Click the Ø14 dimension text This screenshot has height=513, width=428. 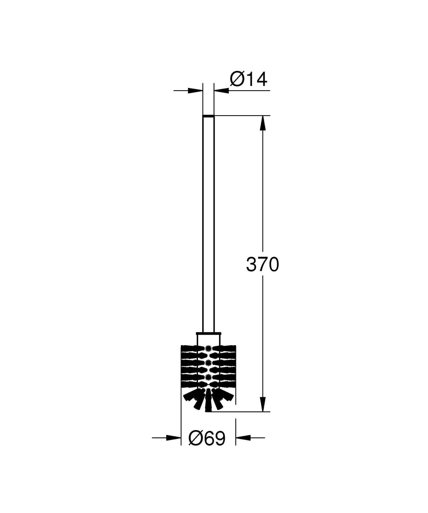click(x=248, y=79)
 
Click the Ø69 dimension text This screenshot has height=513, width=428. click(x=207, y=439)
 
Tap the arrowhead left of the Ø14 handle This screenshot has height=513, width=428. click(x=195, y=90)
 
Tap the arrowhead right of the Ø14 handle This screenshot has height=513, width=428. click(x=222, y=90)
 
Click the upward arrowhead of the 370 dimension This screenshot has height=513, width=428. click(x=263, y=123)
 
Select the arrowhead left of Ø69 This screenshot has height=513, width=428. click(x=173, y=438)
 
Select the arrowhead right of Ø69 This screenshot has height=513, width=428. click(x=243, y=438)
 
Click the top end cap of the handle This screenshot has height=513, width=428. click(x=208, y=116)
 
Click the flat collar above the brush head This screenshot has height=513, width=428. click(x=208, y=333)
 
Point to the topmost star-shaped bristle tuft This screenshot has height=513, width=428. click(x=208, y=348)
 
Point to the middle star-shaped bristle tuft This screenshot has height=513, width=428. click(x=208, y=362)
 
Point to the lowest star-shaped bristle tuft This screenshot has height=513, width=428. click(x=208, y=377)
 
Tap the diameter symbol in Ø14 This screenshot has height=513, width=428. click(x=237, y=79)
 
